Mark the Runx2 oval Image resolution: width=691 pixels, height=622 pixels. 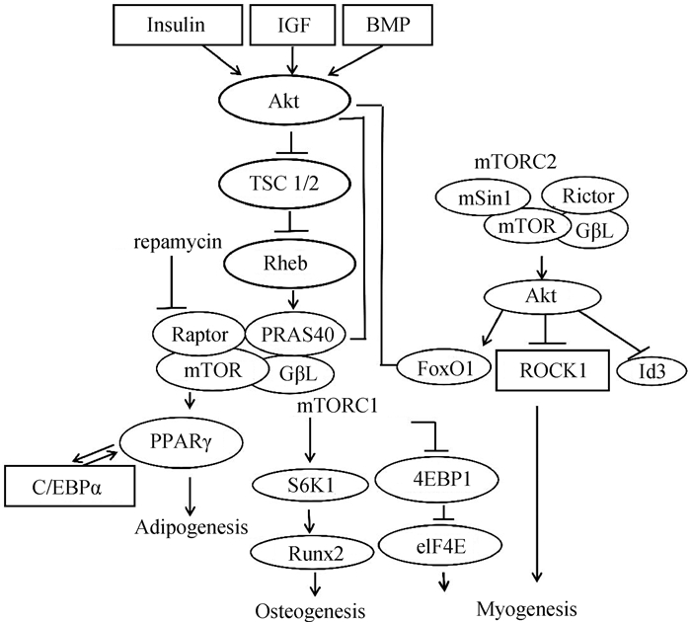point(314,554)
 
